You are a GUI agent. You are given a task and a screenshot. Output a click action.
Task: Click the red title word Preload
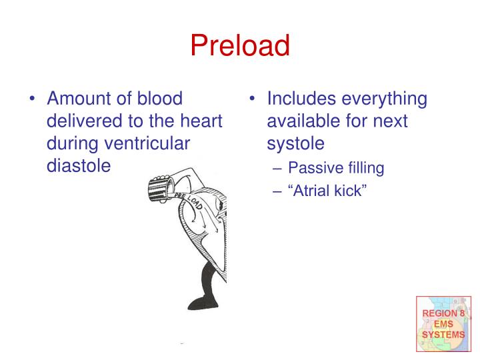click(x=240, y=45)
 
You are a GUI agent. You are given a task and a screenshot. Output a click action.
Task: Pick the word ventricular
click(x=150, y=143)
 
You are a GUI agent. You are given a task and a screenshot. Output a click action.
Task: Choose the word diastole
click(x=78, y=165)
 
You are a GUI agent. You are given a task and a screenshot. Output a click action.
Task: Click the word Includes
click(x=302, y=99)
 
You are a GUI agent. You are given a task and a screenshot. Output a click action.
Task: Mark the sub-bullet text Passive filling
click(x=336, y=168)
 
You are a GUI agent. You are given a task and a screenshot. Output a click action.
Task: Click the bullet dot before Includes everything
click(x=253, y=99)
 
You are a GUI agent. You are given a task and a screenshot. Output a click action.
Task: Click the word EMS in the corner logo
click(x=443, y=323)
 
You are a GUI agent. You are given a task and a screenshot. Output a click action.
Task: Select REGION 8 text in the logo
click(x=443, y=313)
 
